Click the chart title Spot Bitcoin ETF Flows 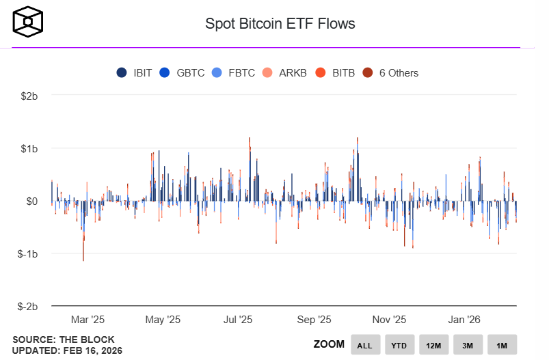tap(280, 24)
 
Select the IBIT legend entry tap(136, 73)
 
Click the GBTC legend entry tap(183, 73)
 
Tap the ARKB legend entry tap(286, 73)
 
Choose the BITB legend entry tap(336, 73)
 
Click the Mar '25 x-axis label tap(88, 319)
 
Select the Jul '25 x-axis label tap(238, 319)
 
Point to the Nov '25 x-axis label tap(390, 319)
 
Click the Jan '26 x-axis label tap(464, 319)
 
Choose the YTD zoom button tap(399, 345)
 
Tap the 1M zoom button tap(502, 345)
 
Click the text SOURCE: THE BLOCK tap(64, 340)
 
